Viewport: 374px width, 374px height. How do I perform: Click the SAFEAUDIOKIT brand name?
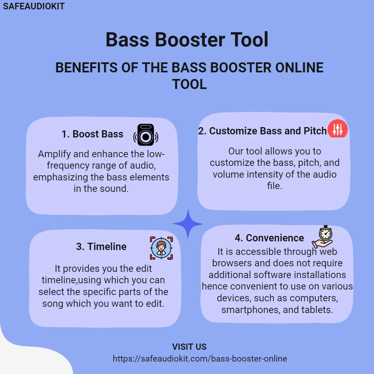[34, 6]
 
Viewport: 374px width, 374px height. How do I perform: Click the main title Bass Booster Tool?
[187, 39]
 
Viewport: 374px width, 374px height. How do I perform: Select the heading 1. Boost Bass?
[92, 134]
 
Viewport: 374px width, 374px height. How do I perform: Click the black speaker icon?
[146, 135]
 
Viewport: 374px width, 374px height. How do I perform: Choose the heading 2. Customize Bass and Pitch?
[262, 131]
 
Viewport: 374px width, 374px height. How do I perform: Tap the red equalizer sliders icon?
[338, 129]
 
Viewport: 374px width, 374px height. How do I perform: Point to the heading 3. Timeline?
[101, 247]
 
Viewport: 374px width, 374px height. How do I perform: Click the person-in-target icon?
[161, 248]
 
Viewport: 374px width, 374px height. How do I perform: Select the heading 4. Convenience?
[269, 238]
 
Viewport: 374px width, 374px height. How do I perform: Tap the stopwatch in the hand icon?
[322, 237]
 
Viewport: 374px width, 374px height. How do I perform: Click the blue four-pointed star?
[188, 224]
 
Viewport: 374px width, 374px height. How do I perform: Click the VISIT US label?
[189, 347]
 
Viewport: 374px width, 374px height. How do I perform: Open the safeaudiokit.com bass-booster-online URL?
[200, 359]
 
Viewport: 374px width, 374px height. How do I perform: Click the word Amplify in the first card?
[54, 154]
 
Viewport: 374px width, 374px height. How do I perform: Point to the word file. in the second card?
[275, 186]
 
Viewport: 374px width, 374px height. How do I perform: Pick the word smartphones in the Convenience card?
[250, 310]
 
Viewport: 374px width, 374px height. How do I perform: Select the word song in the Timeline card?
[53, 304]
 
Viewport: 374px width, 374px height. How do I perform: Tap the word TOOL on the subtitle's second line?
[189, 84]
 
